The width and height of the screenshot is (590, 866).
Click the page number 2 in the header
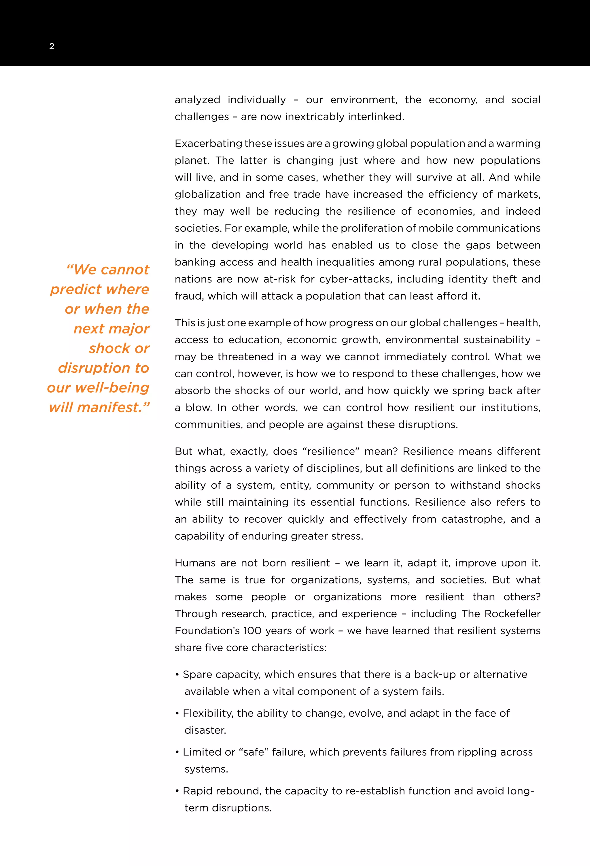(52, 46)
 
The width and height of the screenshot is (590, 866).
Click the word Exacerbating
(208, 144)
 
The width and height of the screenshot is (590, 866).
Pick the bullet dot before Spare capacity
(177, 675)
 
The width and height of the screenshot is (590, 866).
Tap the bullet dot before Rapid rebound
(177, 791)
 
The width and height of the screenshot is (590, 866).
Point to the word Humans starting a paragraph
(195, 563)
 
